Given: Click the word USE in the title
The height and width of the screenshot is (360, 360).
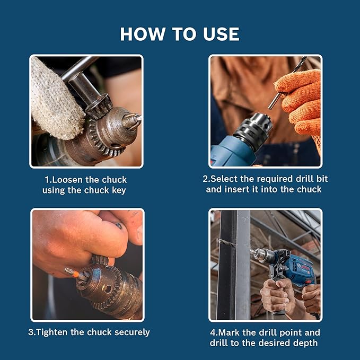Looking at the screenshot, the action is coord(221,34).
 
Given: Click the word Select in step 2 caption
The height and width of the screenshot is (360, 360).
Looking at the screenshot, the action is coord(224,179).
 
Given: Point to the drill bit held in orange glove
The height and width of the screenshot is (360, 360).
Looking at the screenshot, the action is coord(287,83).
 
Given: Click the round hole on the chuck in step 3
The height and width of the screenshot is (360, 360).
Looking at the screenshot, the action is coord(108,289).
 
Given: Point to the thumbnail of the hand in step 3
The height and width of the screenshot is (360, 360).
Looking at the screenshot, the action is coord(139,233).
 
